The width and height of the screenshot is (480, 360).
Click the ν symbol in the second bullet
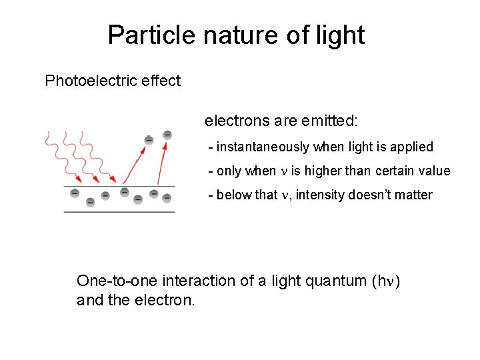(283, 171)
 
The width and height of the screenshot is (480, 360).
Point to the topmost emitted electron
(167, 135)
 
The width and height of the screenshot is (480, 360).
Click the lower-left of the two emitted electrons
(149, 140)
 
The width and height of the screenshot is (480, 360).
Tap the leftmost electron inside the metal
(75, 193)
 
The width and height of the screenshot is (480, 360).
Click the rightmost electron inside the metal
(167, 197)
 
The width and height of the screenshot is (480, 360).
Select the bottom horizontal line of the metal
(119, 211)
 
